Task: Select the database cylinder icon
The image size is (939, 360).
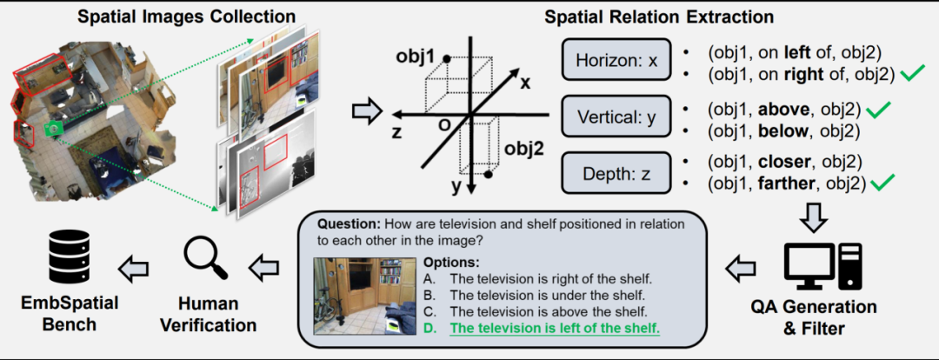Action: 70,261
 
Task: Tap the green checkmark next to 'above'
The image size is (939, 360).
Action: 877,109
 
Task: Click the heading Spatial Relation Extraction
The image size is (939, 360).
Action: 659,17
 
